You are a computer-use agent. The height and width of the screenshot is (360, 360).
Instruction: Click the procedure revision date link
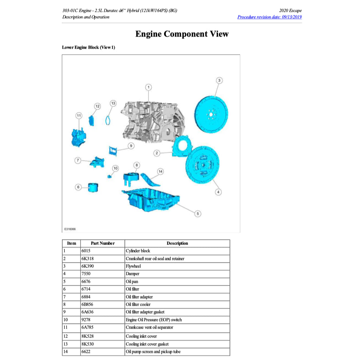[269, 17]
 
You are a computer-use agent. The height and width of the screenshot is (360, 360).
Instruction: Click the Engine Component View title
[182, 34]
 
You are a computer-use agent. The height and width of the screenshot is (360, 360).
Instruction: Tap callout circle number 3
[219, 80]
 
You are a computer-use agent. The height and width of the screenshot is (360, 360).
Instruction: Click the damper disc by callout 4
[202, 166]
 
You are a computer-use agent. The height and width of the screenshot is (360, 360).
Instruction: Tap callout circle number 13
[113, 103]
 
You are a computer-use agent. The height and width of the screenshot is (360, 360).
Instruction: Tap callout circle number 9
[131, 146]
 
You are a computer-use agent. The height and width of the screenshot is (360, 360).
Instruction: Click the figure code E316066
[70, 229]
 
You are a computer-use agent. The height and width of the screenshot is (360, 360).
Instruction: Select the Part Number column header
[103, 243]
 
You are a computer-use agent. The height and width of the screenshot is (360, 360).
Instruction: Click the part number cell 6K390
[88, 266]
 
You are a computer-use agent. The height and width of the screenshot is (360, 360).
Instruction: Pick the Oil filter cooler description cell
[138, 305]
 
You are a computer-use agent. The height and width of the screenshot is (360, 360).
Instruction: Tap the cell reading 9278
[87, 320]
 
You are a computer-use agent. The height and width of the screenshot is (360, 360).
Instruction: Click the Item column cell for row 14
[71, 352]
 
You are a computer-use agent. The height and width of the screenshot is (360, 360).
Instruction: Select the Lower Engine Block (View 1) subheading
[89, 47]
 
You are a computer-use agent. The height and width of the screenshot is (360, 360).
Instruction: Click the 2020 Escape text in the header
[290, 10]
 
